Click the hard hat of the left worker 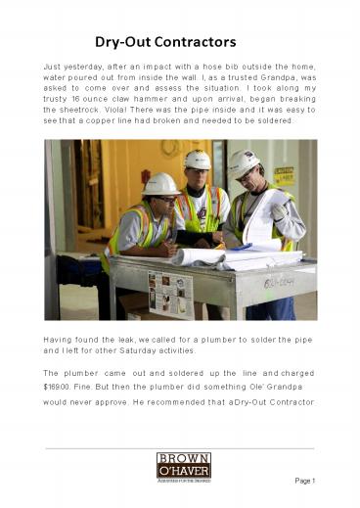159,184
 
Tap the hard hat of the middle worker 198,159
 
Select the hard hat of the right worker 243,162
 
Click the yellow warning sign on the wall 284,175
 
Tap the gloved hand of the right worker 281,209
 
